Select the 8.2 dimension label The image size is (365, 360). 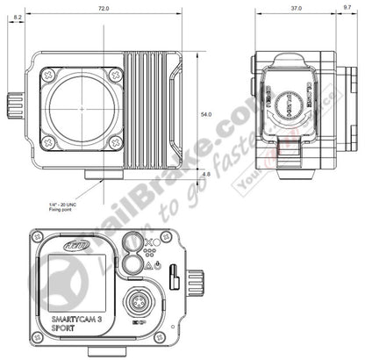18,40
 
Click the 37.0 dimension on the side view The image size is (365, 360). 296,8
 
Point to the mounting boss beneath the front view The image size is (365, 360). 97,176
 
